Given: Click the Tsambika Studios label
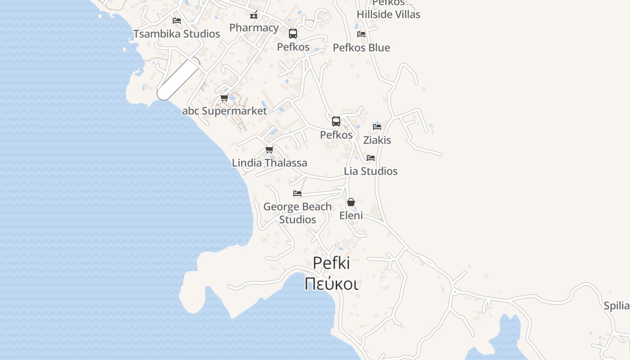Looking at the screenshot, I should click(176, 34).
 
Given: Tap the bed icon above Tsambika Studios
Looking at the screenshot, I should click(177, 21).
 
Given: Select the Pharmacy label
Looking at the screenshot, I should click(254, 27).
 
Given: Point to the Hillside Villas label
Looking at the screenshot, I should click(388, 14).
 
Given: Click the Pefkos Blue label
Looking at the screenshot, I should click(361, 48).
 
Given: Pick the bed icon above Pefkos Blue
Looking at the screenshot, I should click(361, 34).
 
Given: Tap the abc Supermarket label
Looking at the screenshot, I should click(224, 111).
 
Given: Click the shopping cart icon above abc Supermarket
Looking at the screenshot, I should click(224, 98).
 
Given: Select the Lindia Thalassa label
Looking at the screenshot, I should click(270, 163).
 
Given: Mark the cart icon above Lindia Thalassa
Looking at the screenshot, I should click(269, 150).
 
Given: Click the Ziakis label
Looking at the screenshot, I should click(377, 140).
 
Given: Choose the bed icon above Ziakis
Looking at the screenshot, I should click(377, 127).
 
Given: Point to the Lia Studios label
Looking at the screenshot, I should click(371, 171).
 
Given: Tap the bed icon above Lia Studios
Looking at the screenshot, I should click(371, 158).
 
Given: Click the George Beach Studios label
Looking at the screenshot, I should click(297, 213).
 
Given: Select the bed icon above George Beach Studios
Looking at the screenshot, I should click(297, 193).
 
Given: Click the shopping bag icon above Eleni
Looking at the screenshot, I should click(351, 202).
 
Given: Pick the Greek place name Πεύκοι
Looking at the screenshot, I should click(331, 284).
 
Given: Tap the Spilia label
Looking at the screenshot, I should click(616, 306).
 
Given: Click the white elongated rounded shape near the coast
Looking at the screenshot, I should click(178, 79).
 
